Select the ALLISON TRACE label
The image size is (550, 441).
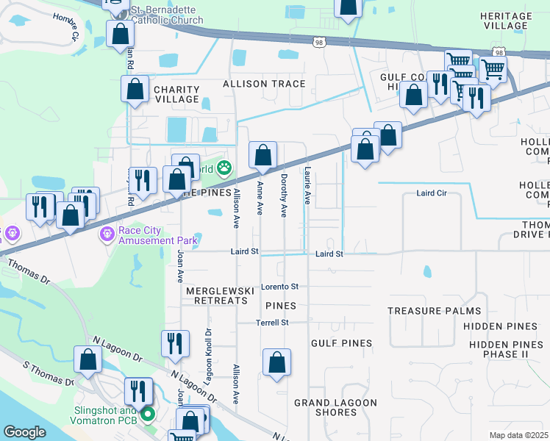(x=263, y=84)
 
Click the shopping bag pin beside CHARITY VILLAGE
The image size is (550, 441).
(x=135, y=90)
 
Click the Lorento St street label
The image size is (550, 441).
(x=279, y=286)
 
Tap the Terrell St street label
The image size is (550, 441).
(x=272, y=323)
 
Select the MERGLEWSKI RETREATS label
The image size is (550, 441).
(x=215, y=295)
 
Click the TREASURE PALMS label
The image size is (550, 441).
(x=434, y=311)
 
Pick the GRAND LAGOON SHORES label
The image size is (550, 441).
(x=335, y=407)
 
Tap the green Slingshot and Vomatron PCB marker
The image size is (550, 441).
(x=148, y=415)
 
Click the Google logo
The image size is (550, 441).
(x=24, y=432)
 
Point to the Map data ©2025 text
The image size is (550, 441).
(x=518, y=435)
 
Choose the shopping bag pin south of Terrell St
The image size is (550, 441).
(x=276, y=363)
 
